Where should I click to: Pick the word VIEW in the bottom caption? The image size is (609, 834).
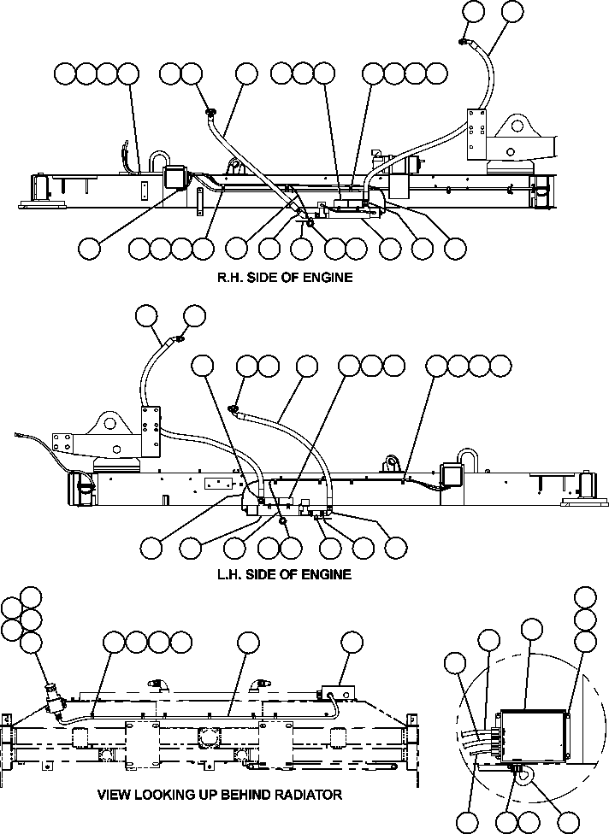click(x=115, y=795)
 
